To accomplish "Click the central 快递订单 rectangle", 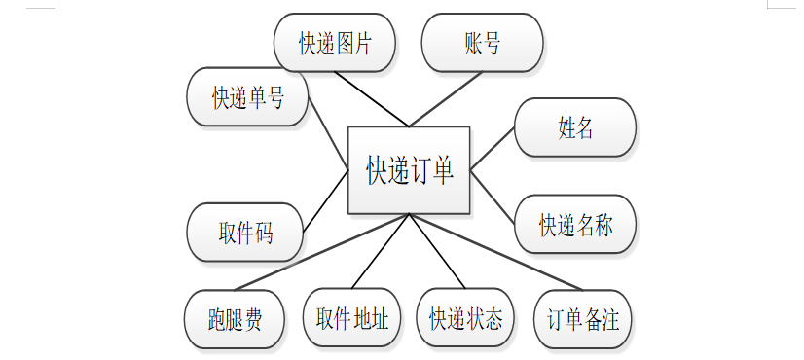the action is pyautogui.click(x=409, y=169).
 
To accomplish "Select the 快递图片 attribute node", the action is pyautogui.click(x=334, y=43).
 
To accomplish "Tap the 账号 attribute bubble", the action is pyautogui.click(x=482, y=43).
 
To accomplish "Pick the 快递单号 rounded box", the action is pyautogui.click(x=247, y=96).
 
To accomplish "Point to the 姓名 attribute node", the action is pyautogui.click(x=575, y=127).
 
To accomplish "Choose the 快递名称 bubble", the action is pyautogui.click(x=575, y=224).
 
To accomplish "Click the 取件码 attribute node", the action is pyautogui.click(x=245, y=233).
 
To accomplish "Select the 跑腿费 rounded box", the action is pyautogui.click(x=235, y=319).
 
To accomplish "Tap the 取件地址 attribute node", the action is pyautogui.click(x=351, y=317).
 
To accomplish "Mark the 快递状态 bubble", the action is pyautogui.click(x=465, y=317).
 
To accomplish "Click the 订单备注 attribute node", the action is pyautogui.click(x=582, y=319).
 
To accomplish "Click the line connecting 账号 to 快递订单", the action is pyautogui.click(x=446, y=99).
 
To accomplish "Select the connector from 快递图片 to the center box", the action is pyautogui.click(x=372, y=99).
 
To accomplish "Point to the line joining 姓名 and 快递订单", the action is pyautogui.click(x=493, y=148).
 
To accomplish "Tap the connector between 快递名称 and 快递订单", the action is pyautogui.click(x=493, y=197).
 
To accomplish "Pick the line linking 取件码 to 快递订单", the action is pyautogui.click(x=326, y=201).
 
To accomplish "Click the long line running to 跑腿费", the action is pyautogui.click(x=321, y=252).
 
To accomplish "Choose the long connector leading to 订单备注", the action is pyautogui.click(x=495, y=252).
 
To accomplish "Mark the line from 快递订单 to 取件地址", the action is pyautogui.click(x=381, y=251).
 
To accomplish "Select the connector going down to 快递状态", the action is pyautogui.click(x=437, y=251).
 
